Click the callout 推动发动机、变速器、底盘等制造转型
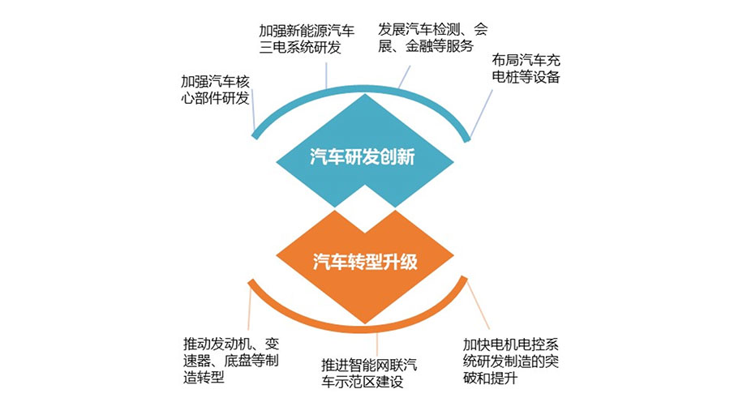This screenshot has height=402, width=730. click(x=232, y=357)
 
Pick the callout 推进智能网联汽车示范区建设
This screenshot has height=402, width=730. click(x=369, y=374)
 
